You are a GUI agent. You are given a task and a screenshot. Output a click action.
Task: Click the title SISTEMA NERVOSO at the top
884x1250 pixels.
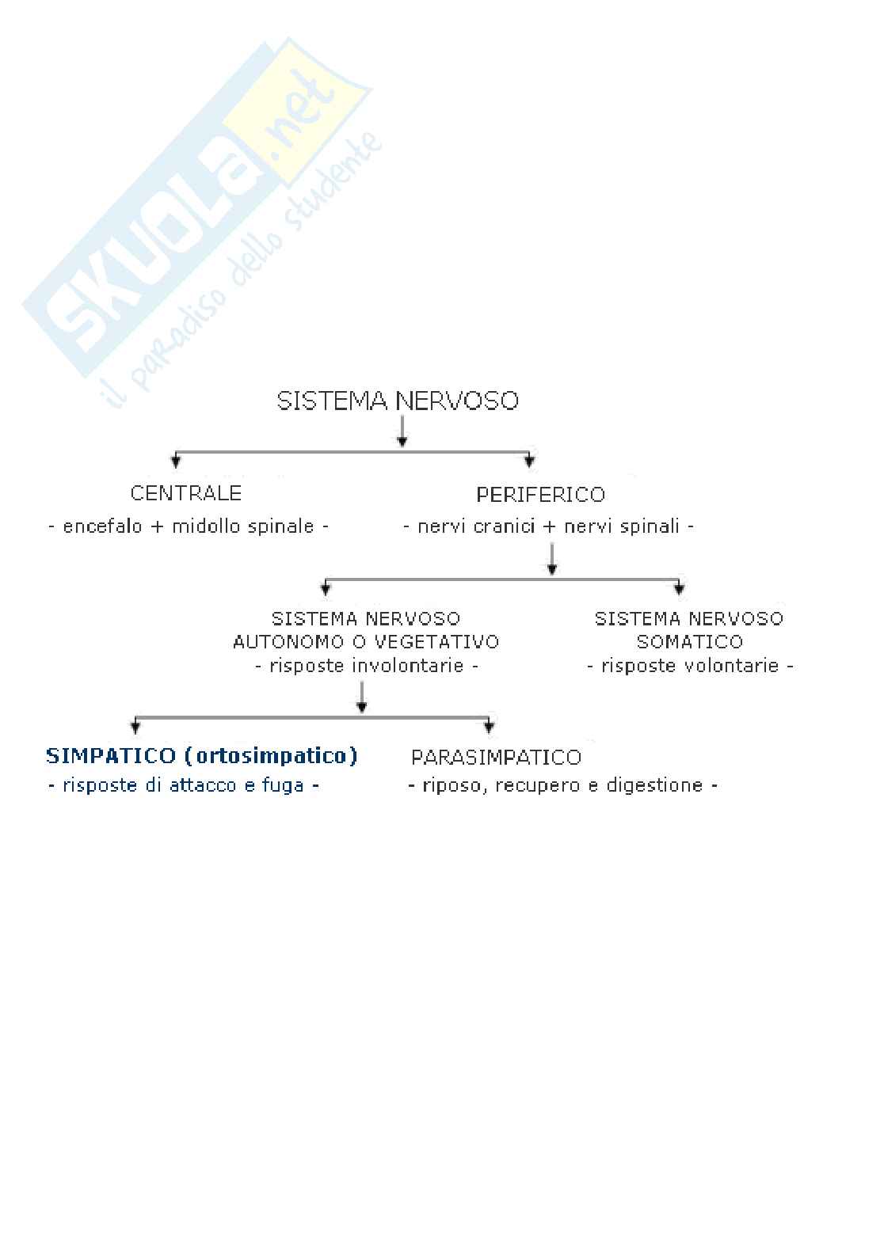click(398, 401)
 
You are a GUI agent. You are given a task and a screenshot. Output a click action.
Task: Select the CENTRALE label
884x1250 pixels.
click(186, 493)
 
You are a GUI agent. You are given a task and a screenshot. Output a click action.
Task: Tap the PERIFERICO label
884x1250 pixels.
click(540, 495)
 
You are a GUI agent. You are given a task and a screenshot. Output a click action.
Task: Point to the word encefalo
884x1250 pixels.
click(103, 526)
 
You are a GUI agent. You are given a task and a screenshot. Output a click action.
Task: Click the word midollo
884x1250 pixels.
click(208, 526)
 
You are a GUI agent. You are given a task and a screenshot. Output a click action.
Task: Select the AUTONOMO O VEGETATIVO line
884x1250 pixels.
click(366, 641)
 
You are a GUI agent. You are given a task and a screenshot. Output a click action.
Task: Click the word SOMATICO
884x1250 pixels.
click(690, 641)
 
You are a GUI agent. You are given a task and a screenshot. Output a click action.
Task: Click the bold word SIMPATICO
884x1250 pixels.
click(111, 756)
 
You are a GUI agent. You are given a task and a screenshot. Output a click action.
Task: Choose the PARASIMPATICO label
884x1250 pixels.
click(496, 758)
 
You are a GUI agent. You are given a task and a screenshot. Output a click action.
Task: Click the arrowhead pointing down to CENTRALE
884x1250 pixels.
click(176, 461)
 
